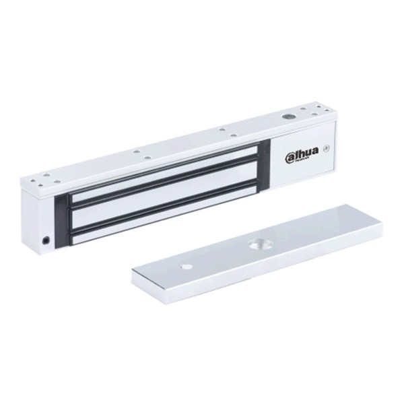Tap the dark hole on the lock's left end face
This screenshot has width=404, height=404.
46,240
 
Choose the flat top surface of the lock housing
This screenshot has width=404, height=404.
168,145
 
